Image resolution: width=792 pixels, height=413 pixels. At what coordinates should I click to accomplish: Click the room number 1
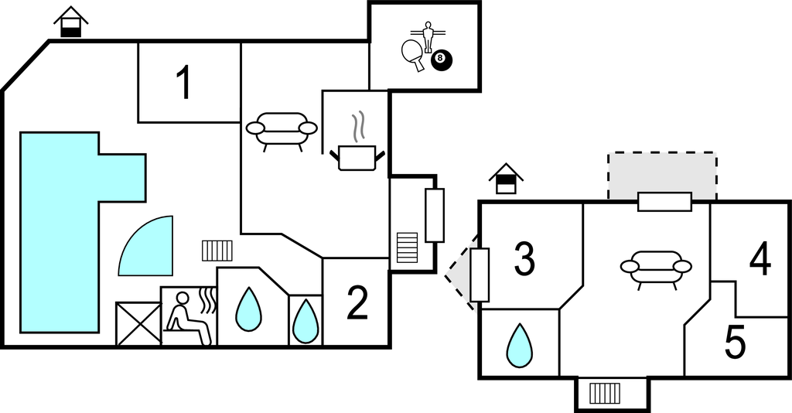(183, 83)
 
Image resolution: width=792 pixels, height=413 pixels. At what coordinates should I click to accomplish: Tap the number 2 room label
(357, 303)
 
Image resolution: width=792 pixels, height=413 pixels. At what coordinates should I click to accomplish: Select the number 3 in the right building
(525, 260)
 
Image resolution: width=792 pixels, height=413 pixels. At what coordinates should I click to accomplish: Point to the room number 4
(760, 260)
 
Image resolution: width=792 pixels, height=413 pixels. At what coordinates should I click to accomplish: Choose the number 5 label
(735, 343)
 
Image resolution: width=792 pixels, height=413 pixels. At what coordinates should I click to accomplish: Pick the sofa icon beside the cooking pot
(282, 130)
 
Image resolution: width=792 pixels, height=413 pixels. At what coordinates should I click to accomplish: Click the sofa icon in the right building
(656, 268)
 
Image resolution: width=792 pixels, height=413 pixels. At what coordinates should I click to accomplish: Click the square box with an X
(138, 323)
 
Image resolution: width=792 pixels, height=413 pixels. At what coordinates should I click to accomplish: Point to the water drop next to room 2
(306, 319)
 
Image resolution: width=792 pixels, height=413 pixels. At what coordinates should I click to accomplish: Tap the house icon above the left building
(71, 22)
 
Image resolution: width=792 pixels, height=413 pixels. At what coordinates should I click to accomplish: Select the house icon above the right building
(506, 179)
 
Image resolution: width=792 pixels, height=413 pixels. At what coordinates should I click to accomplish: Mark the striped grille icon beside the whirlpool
(217, 250)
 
